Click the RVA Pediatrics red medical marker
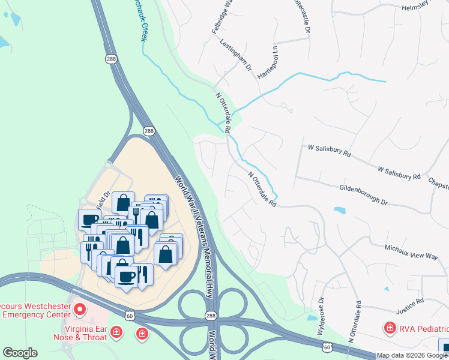click(x=390, y=328)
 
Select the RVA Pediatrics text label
click(x=424, y=329)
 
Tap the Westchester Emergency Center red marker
click(x=80, y=310)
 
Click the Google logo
click(x=20, y=353)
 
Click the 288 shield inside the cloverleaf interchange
click(x=209, y=316)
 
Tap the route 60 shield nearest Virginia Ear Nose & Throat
click(x=128, y=315)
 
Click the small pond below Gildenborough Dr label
click(x=340, y=211)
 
